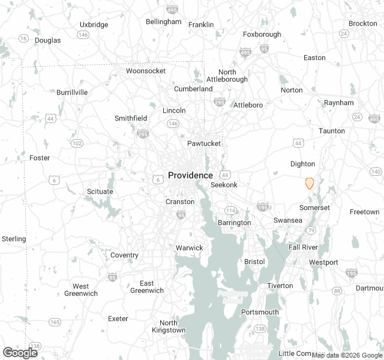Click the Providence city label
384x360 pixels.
[x=190, y=175]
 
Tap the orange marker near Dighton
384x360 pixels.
[x=310, y=183]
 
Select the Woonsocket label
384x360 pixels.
[x=146, y=71]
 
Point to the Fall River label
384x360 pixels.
[x=303, y=247]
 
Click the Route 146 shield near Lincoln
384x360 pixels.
[x=173, y=123]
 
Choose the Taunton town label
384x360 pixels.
[x=332, y=131]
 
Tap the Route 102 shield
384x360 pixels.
[x=77, y=143]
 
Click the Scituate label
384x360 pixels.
[x=100, y=191]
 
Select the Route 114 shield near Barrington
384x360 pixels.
[x=230, y=210]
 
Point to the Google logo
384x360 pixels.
[x=20, y=353]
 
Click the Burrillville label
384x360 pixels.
[x=72, y=92]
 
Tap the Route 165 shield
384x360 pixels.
[x=55, y=322]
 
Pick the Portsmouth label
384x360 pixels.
[x=260, y=312]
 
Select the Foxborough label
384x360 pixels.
[x=262, y=34]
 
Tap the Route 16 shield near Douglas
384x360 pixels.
[x=23, y=38]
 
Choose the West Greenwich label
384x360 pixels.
[x=81, y=290]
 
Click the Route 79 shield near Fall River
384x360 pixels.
[x=311, y=230]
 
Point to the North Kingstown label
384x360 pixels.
[x=169, y=326]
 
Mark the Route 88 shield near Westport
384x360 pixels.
[x=337, y=291]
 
